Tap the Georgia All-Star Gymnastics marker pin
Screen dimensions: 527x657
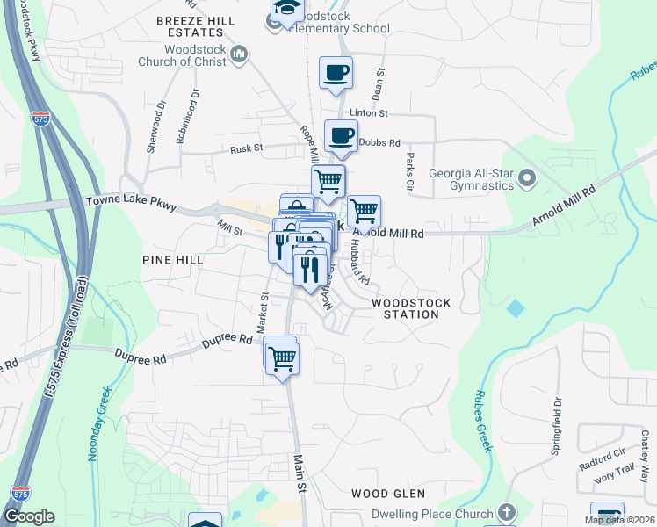pos(527,179)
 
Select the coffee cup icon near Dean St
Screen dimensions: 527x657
pos(336,73)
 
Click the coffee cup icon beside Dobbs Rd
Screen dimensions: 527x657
pos(342,136)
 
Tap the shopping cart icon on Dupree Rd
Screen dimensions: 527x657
pos(282,357)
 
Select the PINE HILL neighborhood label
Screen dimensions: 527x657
pos(173,260)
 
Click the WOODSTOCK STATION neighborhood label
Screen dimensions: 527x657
pos(411,308)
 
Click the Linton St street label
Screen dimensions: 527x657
pos(368,113)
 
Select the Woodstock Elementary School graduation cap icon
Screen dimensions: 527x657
pos(286,9)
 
